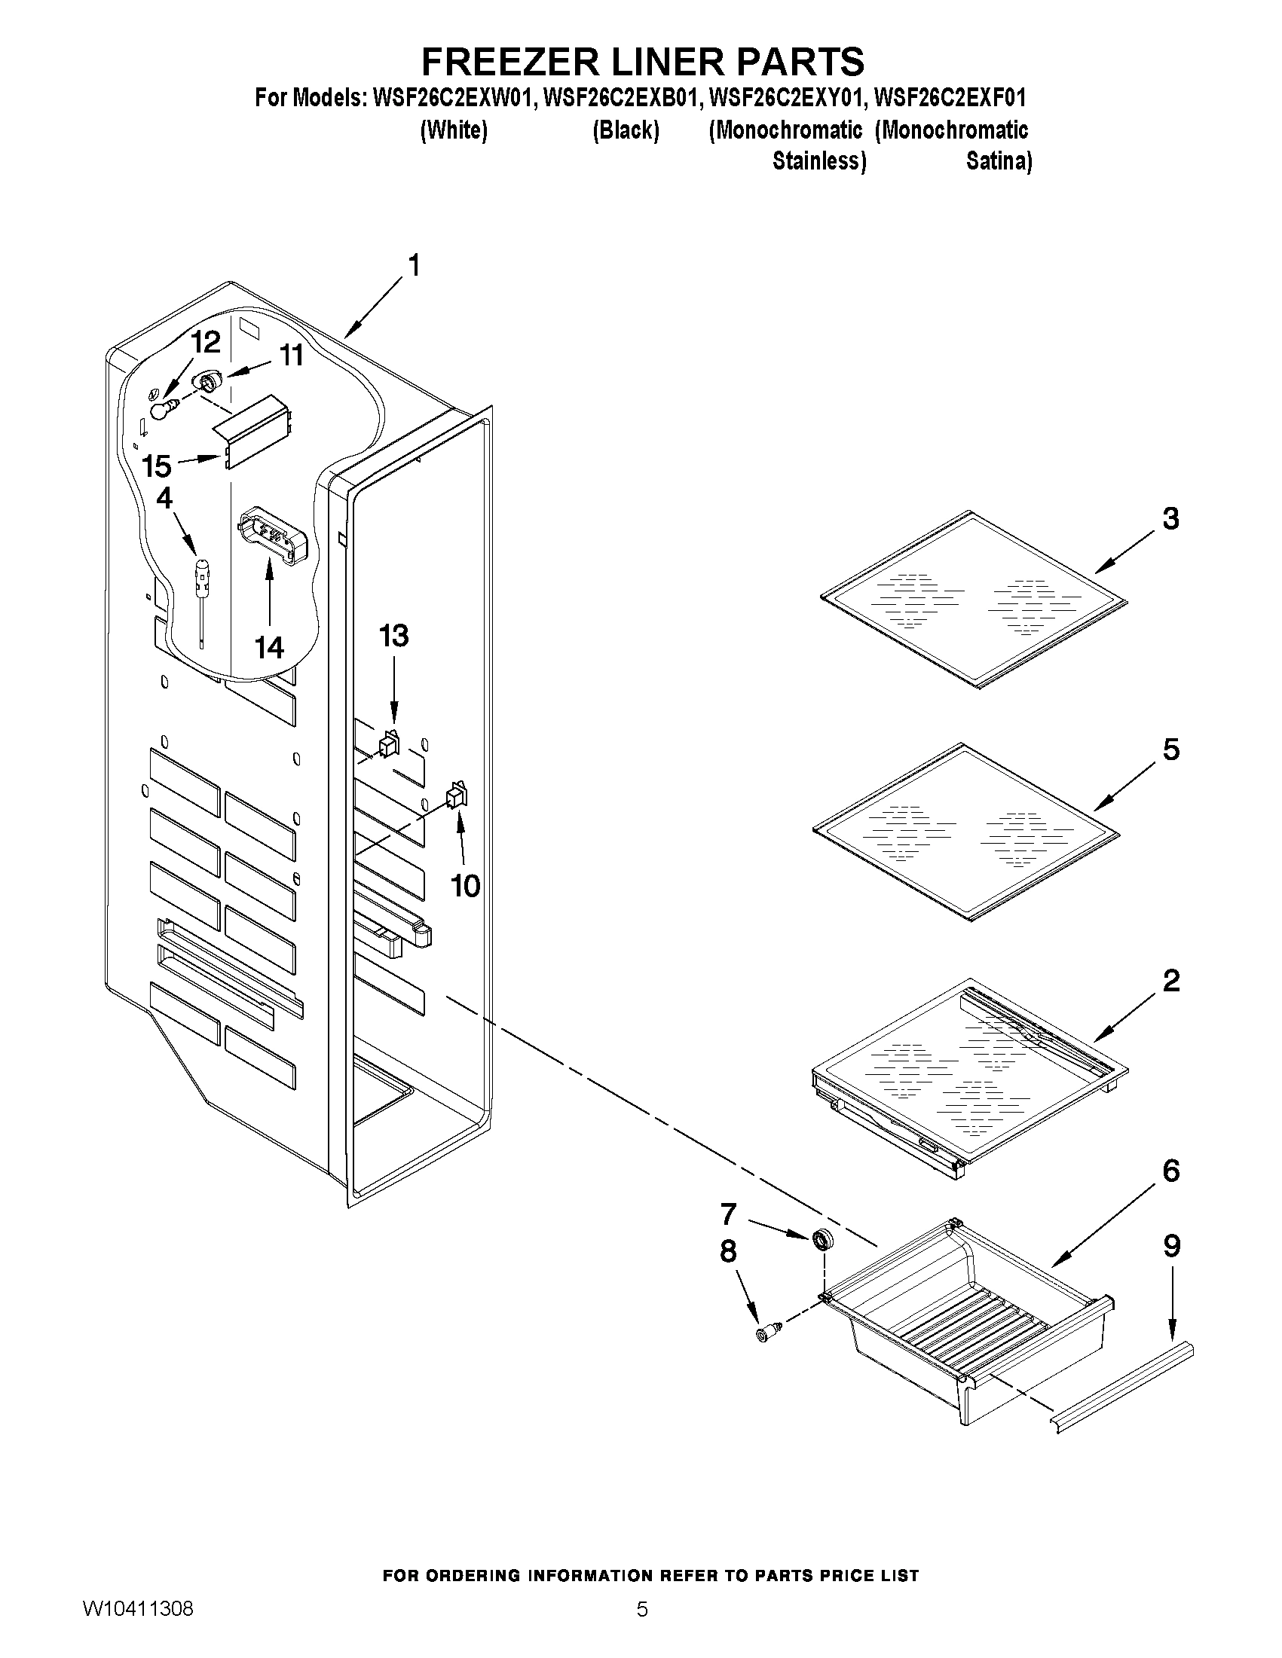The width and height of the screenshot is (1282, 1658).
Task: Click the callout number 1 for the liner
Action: click(414, 266)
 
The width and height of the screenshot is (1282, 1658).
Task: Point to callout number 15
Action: click(157, 466)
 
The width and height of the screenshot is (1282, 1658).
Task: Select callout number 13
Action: click(393, 636)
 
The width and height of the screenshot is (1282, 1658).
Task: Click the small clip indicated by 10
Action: click(457, 795)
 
